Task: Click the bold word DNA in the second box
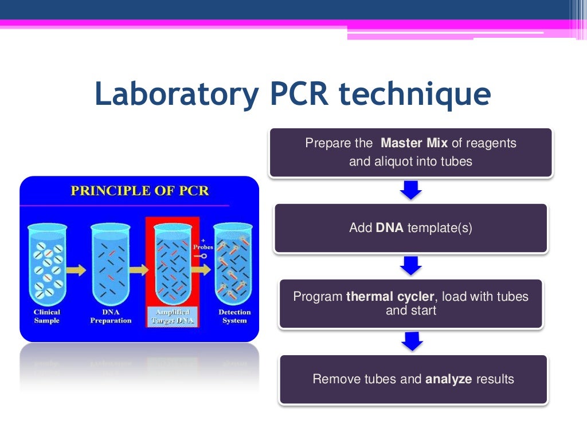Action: [390, 228]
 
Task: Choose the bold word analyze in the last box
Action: [449, 379]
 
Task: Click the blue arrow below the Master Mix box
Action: [411, 190]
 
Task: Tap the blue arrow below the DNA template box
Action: [411, 265]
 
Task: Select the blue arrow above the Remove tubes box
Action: [411, 341]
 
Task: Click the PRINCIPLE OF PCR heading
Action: [139, 191]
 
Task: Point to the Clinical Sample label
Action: [47, 316]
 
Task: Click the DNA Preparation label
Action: [111, 316]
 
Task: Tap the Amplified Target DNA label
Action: [173, 316]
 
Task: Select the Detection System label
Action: [234, 316]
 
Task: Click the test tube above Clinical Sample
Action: [47, 264]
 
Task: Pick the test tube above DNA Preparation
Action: [111, 264]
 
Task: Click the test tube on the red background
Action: [173, 264]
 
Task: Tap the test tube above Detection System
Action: [233, 264]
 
